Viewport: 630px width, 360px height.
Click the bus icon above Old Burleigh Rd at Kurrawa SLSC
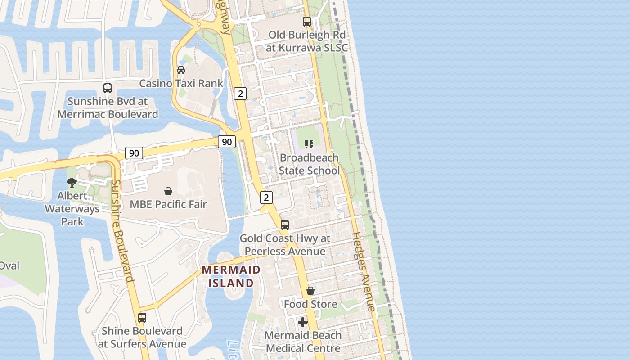(307, 21)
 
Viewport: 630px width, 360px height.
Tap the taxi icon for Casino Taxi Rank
(181, 70)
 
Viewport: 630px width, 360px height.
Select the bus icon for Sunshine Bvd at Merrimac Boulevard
(108, 88)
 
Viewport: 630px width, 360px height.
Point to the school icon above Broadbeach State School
(309, 144)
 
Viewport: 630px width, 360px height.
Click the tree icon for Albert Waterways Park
(72, 182)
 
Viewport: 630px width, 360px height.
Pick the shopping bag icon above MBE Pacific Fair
(168, 191)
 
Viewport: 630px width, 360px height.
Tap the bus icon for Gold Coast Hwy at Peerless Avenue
(285, 225)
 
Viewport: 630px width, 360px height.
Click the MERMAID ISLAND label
(231, 276)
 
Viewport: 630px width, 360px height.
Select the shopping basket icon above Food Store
(310, 291)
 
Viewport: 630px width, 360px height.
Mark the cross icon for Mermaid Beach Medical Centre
(303, 322)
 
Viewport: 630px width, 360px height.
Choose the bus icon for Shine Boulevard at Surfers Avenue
(142, 318)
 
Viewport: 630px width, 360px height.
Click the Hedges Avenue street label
(363, 271)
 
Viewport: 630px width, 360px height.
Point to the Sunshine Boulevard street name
(122, 231)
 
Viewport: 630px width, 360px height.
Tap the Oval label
(9, 265)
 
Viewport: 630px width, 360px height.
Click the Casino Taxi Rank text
(181, 83)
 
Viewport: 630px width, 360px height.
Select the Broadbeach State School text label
(309, 164)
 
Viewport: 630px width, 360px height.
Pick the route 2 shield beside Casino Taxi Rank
(241, 94)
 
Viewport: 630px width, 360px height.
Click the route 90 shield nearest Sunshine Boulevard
(134, 153)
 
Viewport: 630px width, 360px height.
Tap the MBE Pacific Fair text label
(168, 204)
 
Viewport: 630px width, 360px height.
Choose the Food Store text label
(310, 304)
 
